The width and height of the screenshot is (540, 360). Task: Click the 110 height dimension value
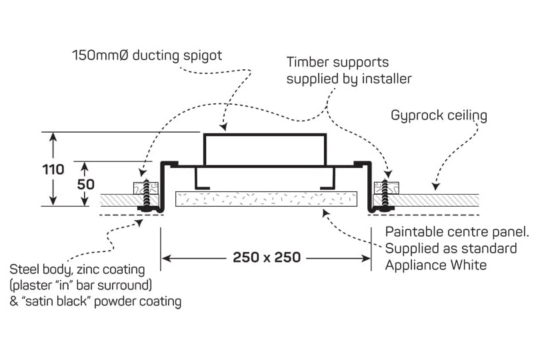(x=53, y=169)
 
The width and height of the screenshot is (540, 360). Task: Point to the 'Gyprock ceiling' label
(x=439, y=115)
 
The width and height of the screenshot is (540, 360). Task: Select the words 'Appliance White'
(x=436, y=265)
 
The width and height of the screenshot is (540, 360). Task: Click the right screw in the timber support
(x=384, y=195)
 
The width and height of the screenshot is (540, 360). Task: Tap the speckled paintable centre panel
(x=266, y=199)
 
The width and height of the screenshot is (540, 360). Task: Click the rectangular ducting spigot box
(x=265, y=149)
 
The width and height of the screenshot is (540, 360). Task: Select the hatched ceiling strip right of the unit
(x=437, y=200)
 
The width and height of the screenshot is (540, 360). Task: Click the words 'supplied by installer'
(x=349, y=79)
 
